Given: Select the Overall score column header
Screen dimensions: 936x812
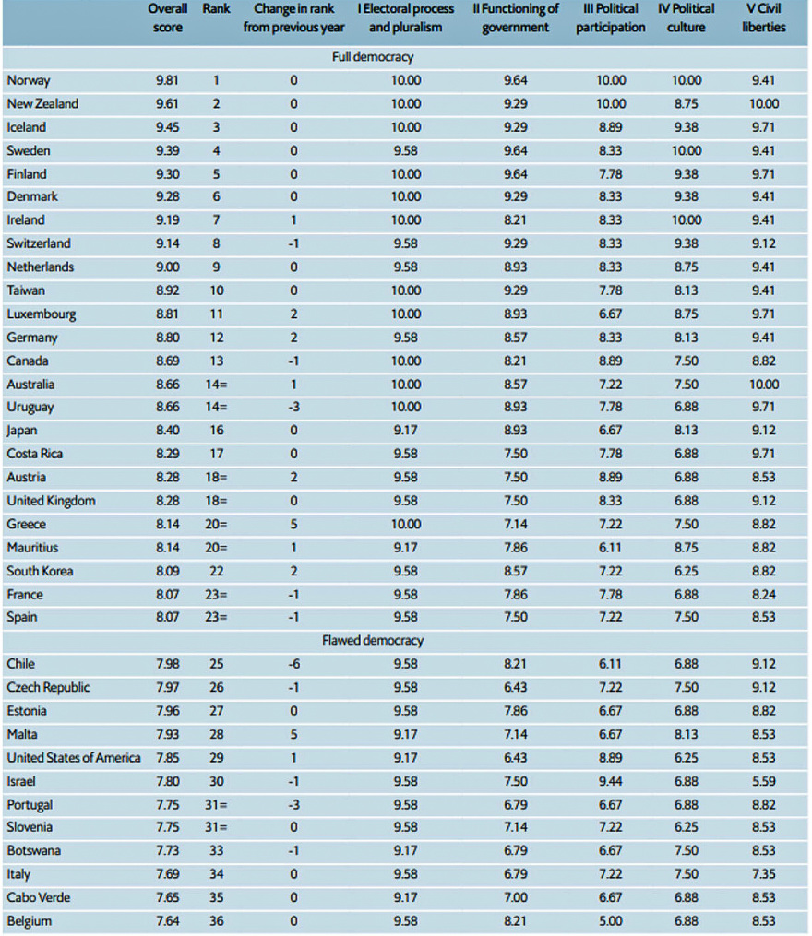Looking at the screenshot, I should click(168, 18).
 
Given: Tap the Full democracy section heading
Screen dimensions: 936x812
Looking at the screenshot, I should click(373, 57).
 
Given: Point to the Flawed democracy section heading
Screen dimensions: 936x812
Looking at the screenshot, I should click(373, 640).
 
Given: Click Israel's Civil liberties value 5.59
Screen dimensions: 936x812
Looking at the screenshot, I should click(763, 780).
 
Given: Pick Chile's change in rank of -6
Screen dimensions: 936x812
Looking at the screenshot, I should click(293, 664).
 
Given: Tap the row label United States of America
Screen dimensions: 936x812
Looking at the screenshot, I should click(74, 757).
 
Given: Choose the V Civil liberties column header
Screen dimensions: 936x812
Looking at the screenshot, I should click(764, 18).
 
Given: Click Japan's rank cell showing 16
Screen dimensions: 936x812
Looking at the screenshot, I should click(215, 431).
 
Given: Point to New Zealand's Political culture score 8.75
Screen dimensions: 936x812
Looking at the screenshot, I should click(687, 104).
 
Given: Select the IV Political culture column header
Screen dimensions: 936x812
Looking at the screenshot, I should click(687, 18).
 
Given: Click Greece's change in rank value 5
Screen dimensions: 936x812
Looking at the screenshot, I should click(293, 524).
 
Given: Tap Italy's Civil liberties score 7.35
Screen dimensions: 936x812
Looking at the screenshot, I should click(763, 874).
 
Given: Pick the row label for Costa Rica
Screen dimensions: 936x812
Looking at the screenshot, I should click(34, 454).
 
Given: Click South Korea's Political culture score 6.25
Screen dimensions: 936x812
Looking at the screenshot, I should click(687, 571).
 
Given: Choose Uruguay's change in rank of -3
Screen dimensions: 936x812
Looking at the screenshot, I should click(293, 407).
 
